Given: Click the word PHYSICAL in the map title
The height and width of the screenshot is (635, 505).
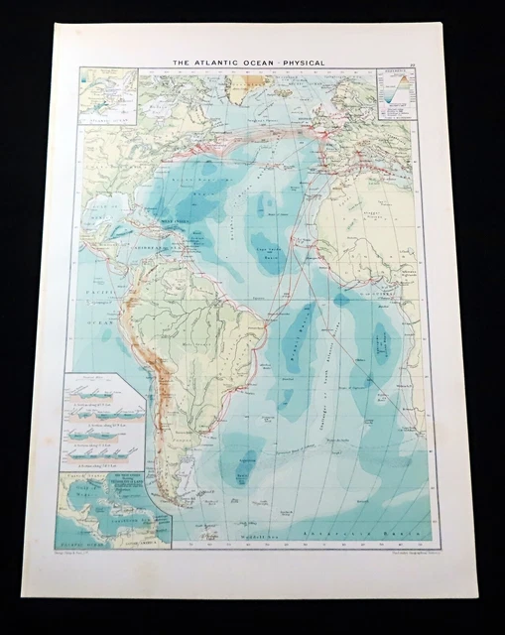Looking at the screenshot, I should [x=298, y=63].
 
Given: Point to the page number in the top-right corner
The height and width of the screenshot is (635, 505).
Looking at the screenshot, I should [x=423, y=63].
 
